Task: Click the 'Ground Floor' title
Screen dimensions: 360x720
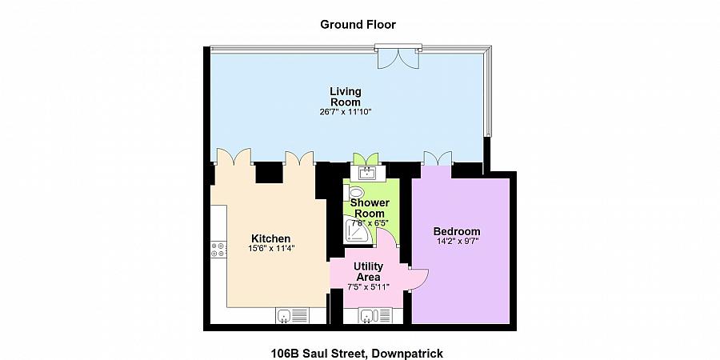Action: (358, 25)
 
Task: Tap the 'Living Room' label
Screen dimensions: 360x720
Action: (345, 96)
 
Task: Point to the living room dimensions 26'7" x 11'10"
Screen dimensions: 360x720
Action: (345, 112)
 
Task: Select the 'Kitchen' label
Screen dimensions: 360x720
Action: (270, 238)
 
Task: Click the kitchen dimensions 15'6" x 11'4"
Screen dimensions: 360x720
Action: (270, 249)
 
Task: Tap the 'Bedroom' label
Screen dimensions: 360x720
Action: (457, 231)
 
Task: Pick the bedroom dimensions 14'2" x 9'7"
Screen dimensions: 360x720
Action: (457, 242)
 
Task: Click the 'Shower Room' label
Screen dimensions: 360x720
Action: (370, 208)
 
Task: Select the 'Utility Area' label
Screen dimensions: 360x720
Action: (369, 271)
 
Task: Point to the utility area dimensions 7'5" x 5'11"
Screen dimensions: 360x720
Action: (369, 286)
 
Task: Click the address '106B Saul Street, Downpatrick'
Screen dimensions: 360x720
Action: (358, 353)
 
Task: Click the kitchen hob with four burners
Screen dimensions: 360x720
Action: (216, 250)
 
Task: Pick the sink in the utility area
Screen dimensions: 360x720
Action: (367, 316)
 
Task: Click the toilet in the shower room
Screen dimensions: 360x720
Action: (356, 192)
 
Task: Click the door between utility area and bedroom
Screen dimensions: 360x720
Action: (418, 276)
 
